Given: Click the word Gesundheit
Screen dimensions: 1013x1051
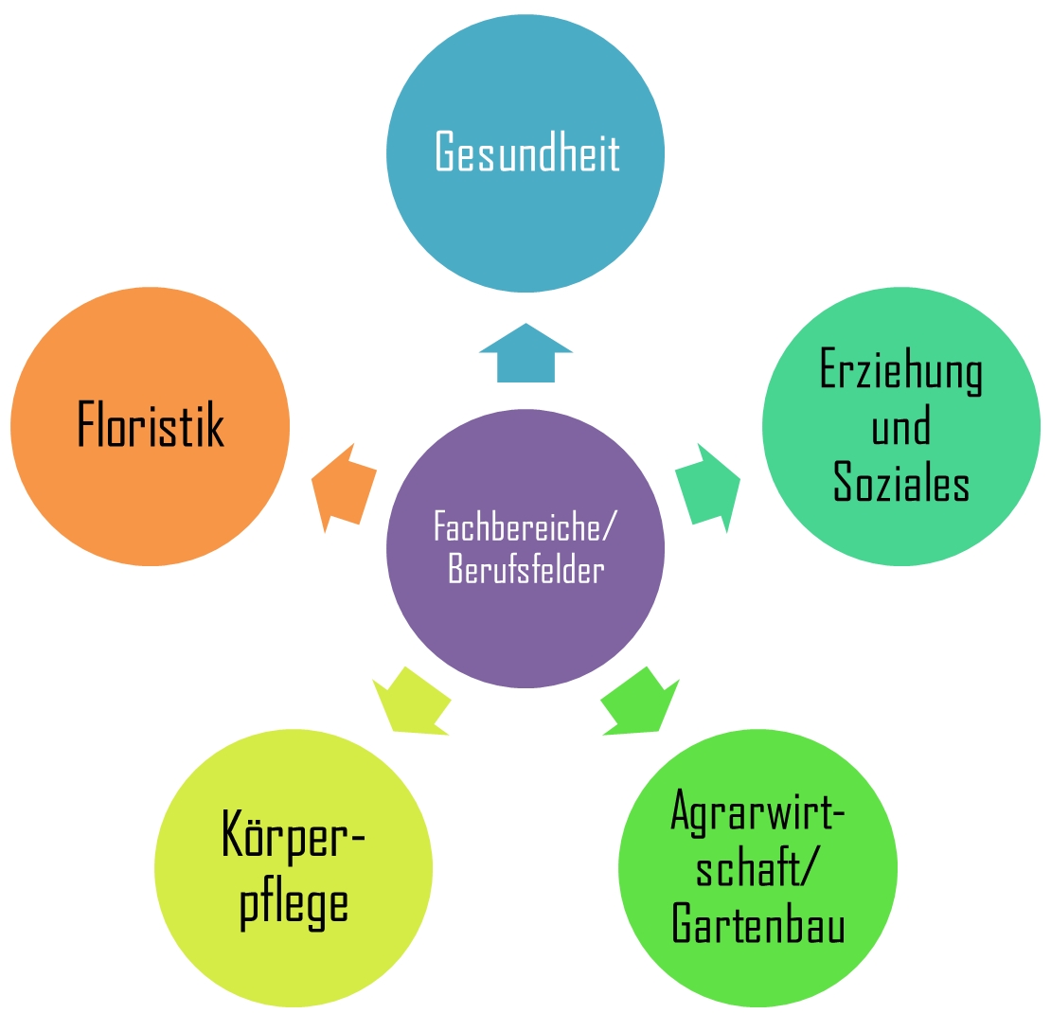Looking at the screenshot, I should (526, 153).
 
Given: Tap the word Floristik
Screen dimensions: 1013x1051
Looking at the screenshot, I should (150, 426).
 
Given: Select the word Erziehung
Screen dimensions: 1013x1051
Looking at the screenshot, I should (900, 371).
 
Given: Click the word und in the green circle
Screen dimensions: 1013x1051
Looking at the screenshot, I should (900, 427).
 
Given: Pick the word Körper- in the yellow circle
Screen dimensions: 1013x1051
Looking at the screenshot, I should (294, 834).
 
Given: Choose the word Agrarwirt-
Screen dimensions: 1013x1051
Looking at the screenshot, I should (757, 810).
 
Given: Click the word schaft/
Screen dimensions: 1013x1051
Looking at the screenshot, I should (757, 867).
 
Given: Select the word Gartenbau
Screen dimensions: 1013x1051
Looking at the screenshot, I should (757, 922).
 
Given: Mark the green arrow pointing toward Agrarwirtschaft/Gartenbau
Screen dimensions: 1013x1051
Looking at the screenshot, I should (641, 702).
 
